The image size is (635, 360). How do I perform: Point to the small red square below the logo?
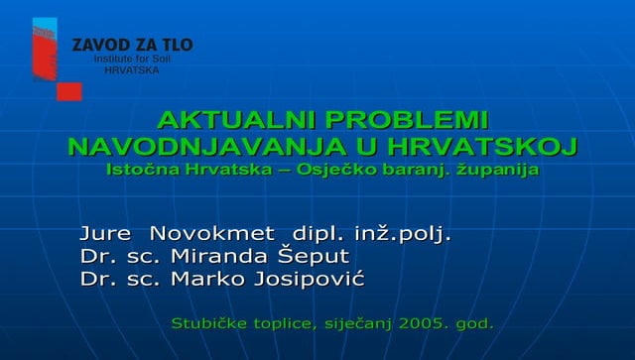(68, 91)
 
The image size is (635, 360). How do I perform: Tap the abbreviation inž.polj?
(403, 234)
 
